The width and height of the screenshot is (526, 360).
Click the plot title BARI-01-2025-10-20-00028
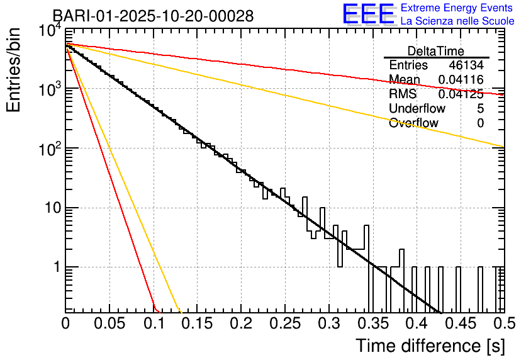pyautogui.click(x=153, y=16)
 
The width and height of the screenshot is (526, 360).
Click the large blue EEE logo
pyautogui.click(x=368, y=15)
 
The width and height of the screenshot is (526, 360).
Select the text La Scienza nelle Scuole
pyautogui.click(x=457, y=21)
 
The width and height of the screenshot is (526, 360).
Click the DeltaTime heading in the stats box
pyautogui.click(x=436, y=51)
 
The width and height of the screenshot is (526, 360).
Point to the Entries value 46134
pyautogui.click(x=466, y=65)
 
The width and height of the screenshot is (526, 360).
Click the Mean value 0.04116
pyautogui.click(x=461, y=80)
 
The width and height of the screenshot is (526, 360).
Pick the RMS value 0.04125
pyautogui.click(x=461, y=94)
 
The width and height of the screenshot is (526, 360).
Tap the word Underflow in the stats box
pyautogui.click(x=417, y=109)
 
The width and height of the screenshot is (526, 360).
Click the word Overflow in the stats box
pyautogui.click(x=413, y=123)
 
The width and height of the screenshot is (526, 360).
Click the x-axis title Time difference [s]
pyautogui.click(x=429, y=346)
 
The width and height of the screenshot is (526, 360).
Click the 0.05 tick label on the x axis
pyautogui.click(x=109, y=324)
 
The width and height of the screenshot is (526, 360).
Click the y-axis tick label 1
pyautogui.click(x=55, y=267)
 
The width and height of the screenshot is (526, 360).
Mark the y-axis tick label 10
pyautogui.click(x=50, y=208)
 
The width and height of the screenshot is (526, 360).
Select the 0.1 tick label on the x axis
pyautogui.click(x=154, y=324)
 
